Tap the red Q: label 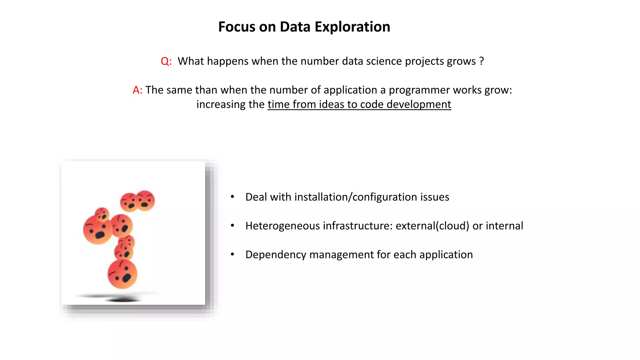(166, 61)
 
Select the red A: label (137, 90)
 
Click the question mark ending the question (481, 61)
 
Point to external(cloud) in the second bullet (432, 226)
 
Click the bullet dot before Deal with (232, 197)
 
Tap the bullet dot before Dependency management (232, 254)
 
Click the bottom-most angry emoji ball (122, 274)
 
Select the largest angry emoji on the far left (97, 230)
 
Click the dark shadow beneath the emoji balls (122, 300)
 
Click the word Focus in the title (236, 27)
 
